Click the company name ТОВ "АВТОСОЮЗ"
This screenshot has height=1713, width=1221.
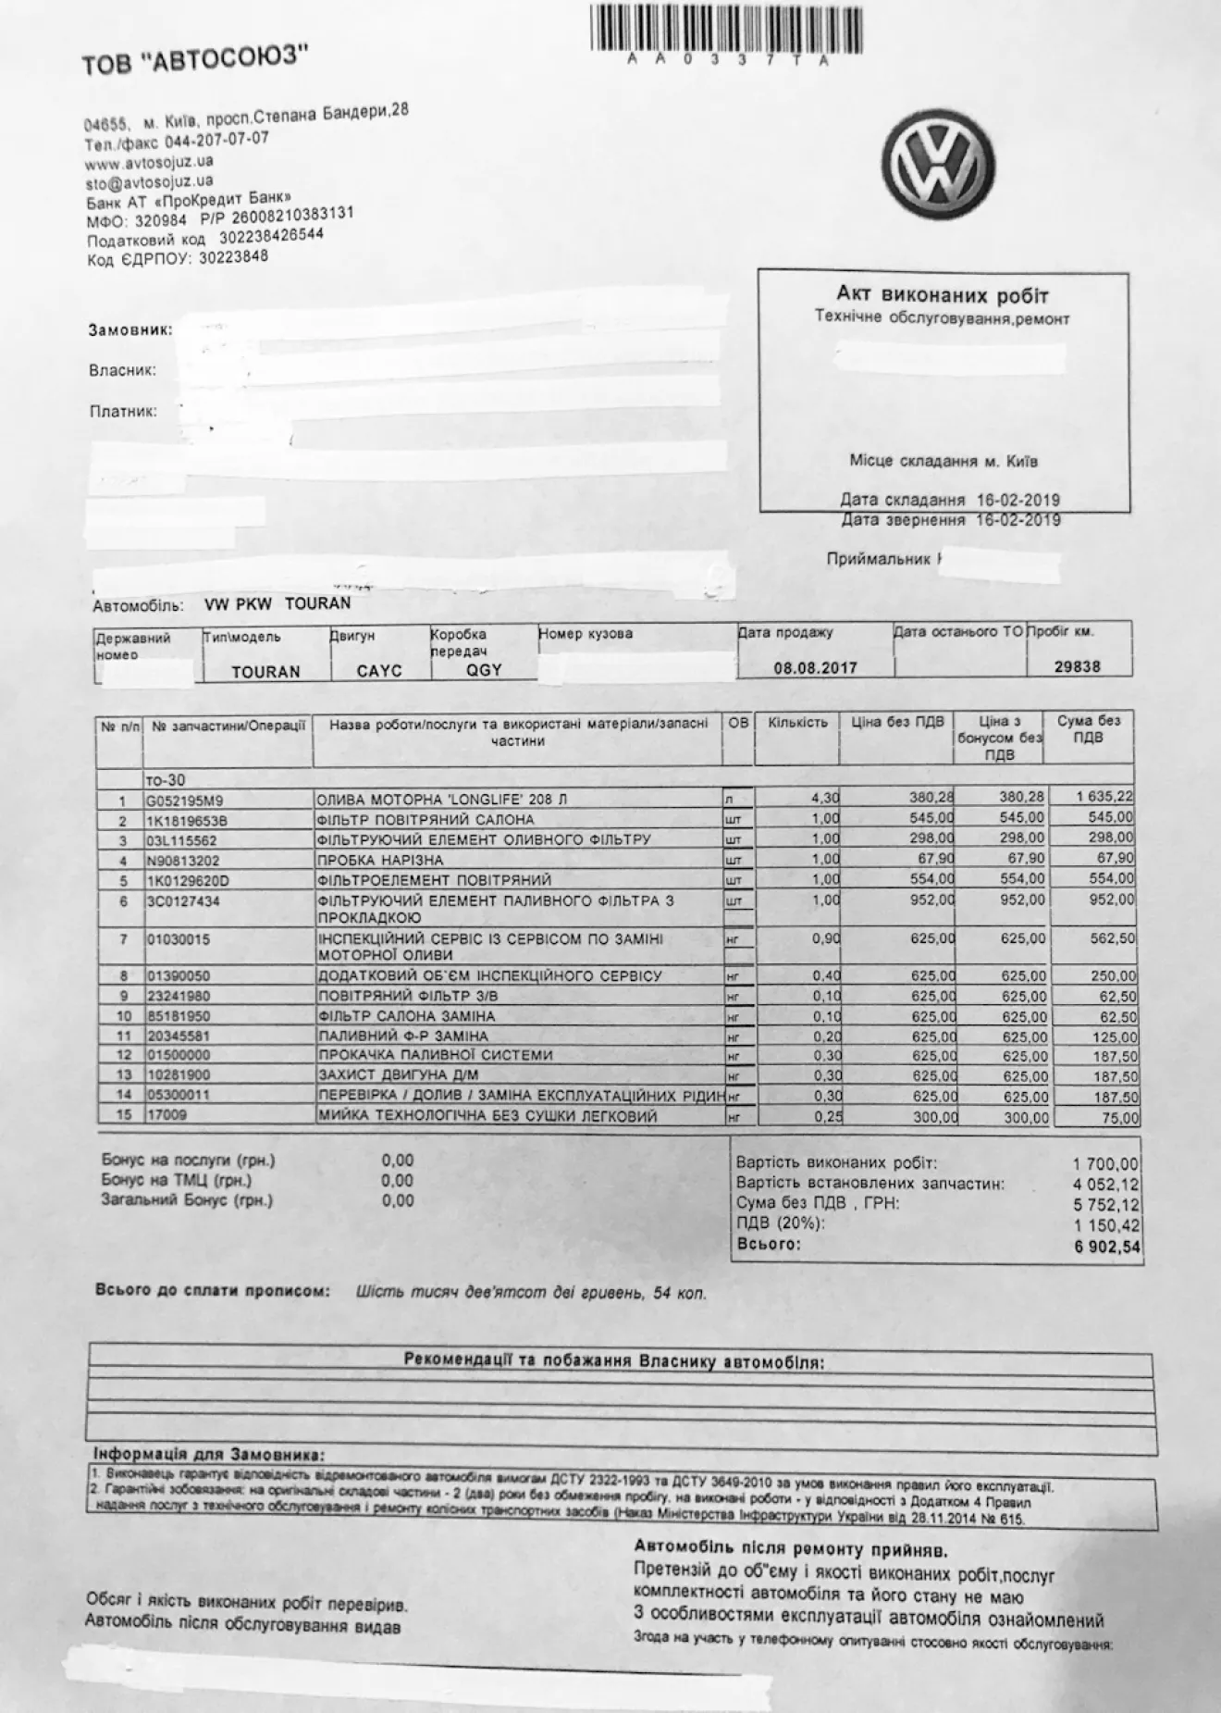tap(194, 63)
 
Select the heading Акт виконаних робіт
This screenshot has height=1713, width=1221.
tap(943, 294)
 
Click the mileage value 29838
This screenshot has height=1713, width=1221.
tap(1078, 665)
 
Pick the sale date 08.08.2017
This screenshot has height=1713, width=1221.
tap(815, 667)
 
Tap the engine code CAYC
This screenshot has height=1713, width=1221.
tap(379, 670)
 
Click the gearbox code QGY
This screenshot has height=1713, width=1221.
tap(484, 669)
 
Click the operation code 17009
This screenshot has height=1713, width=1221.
tap(167, 1116)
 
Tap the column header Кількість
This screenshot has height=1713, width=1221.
tap(797, 722)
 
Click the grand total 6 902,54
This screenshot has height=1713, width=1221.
tap(1107, 1248)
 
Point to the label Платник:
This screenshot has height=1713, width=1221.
tap(123, 411)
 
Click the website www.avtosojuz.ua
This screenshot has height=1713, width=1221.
tap(149, 163)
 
